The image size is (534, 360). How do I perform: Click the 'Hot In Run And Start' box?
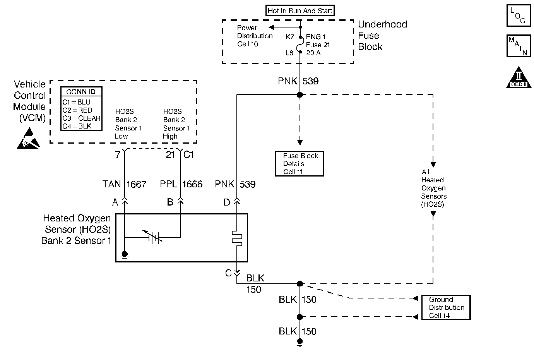(x=300, y=11)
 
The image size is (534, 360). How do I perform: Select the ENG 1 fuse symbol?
(x=300, y=45)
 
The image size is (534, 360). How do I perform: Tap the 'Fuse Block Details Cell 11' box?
(x=299, y=164)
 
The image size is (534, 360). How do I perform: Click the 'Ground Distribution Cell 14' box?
(x=446, y=308)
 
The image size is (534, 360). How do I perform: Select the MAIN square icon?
(x=518, y=46)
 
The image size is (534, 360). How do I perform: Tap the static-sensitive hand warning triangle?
(x=29, y=139)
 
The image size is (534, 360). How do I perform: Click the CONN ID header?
(x=81, y=92)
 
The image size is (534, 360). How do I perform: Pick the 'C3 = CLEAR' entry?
(x=81, y=118)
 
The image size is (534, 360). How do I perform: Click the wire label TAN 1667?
(x=125, y=184)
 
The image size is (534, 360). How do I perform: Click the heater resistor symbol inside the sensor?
(x=236, y=238)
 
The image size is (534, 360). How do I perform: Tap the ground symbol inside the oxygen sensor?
(x=125, y=255)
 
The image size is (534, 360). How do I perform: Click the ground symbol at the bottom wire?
(x=300, y=342)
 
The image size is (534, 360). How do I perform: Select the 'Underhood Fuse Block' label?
(x=382, y=36)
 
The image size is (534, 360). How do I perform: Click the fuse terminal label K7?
(x=290, y=37)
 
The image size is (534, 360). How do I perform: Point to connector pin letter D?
(x=227, y=202)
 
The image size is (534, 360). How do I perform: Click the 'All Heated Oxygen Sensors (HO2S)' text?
(x=433, y=188)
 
